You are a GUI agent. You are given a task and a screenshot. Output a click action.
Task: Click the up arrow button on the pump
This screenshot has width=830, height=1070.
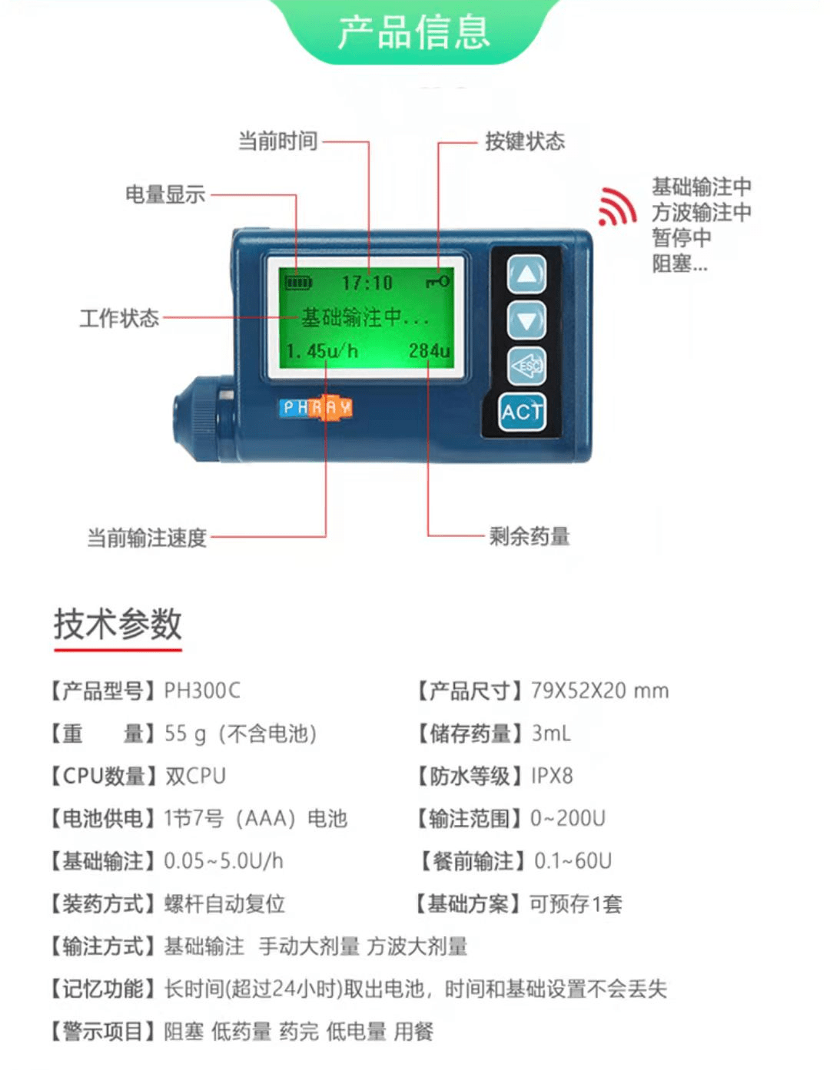tap(526, 273)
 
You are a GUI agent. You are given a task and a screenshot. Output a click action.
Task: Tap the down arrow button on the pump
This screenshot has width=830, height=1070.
tap(526, 320)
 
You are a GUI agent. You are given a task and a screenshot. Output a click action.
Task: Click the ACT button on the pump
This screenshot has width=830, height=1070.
tap(522, 412)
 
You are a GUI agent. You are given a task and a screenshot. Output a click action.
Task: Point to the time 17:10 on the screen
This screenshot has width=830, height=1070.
tap(367, 283)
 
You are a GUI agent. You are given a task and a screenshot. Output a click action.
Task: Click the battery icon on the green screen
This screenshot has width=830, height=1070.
tap(298, 283)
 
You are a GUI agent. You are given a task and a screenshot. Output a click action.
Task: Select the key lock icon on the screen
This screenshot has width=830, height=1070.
tap(438, 282)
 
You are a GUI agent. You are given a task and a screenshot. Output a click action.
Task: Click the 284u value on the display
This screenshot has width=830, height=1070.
tap(429, 351)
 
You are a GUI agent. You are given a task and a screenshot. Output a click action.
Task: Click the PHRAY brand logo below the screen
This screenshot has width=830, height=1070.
tap(316, 407)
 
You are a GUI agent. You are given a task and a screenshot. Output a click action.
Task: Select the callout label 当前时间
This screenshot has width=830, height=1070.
tap(277, 141)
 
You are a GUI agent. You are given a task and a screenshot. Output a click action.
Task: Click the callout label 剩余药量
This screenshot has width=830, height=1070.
tap(530, 536)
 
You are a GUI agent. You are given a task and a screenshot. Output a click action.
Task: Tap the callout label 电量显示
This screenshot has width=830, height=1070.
tap(165, 194)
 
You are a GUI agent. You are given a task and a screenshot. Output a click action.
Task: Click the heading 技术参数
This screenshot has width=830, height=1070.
tap(118, 624)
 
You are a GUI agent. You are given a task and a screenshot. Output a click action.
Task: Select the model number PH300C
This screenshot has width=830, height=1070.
tap(202, 691)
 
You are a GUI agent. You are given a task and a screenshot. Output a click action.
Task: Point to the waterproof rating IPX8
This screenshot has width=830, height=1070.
tap(552, 776)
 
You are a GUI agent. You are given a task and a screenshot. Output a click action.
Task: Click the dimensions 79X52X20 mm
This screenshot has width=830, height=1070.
tap(599, 691)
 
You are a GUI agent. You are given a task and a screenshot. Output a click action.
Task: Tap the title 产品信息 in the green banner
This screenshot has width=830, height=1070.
tap(413, 31)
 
